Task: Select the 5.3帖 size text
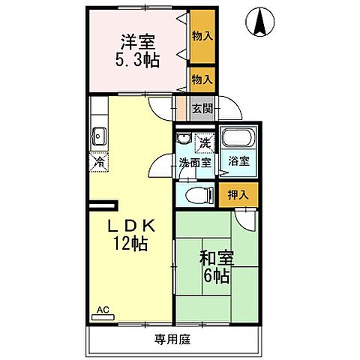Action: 136,61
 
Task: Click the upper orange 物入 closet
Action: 201,34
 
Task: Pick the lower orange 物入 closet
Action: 201,78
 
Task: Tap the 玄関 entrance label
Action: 201,108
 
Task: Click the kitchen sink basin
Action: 98,136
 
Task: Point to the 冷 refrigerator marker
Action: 98,160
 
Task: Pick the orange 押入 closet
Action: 238,194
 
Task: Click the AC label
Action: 101,308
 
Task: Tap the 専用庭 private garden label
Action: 173,340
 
